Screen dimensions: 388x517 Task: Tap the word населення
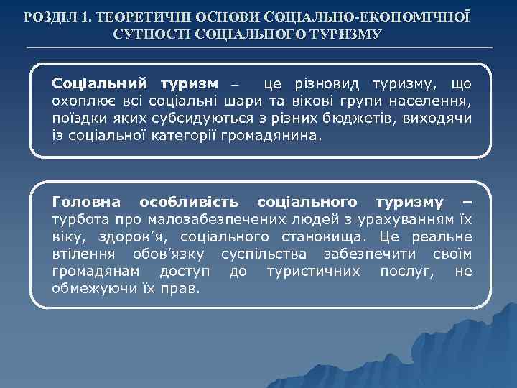pos(436,101)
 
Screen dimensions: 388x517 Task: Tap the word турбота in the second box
pos(78,220)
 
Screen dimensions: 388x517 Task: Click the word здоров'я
pos(130,237)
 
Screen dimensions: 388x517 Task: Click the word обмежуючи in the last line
pos(90,288)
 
